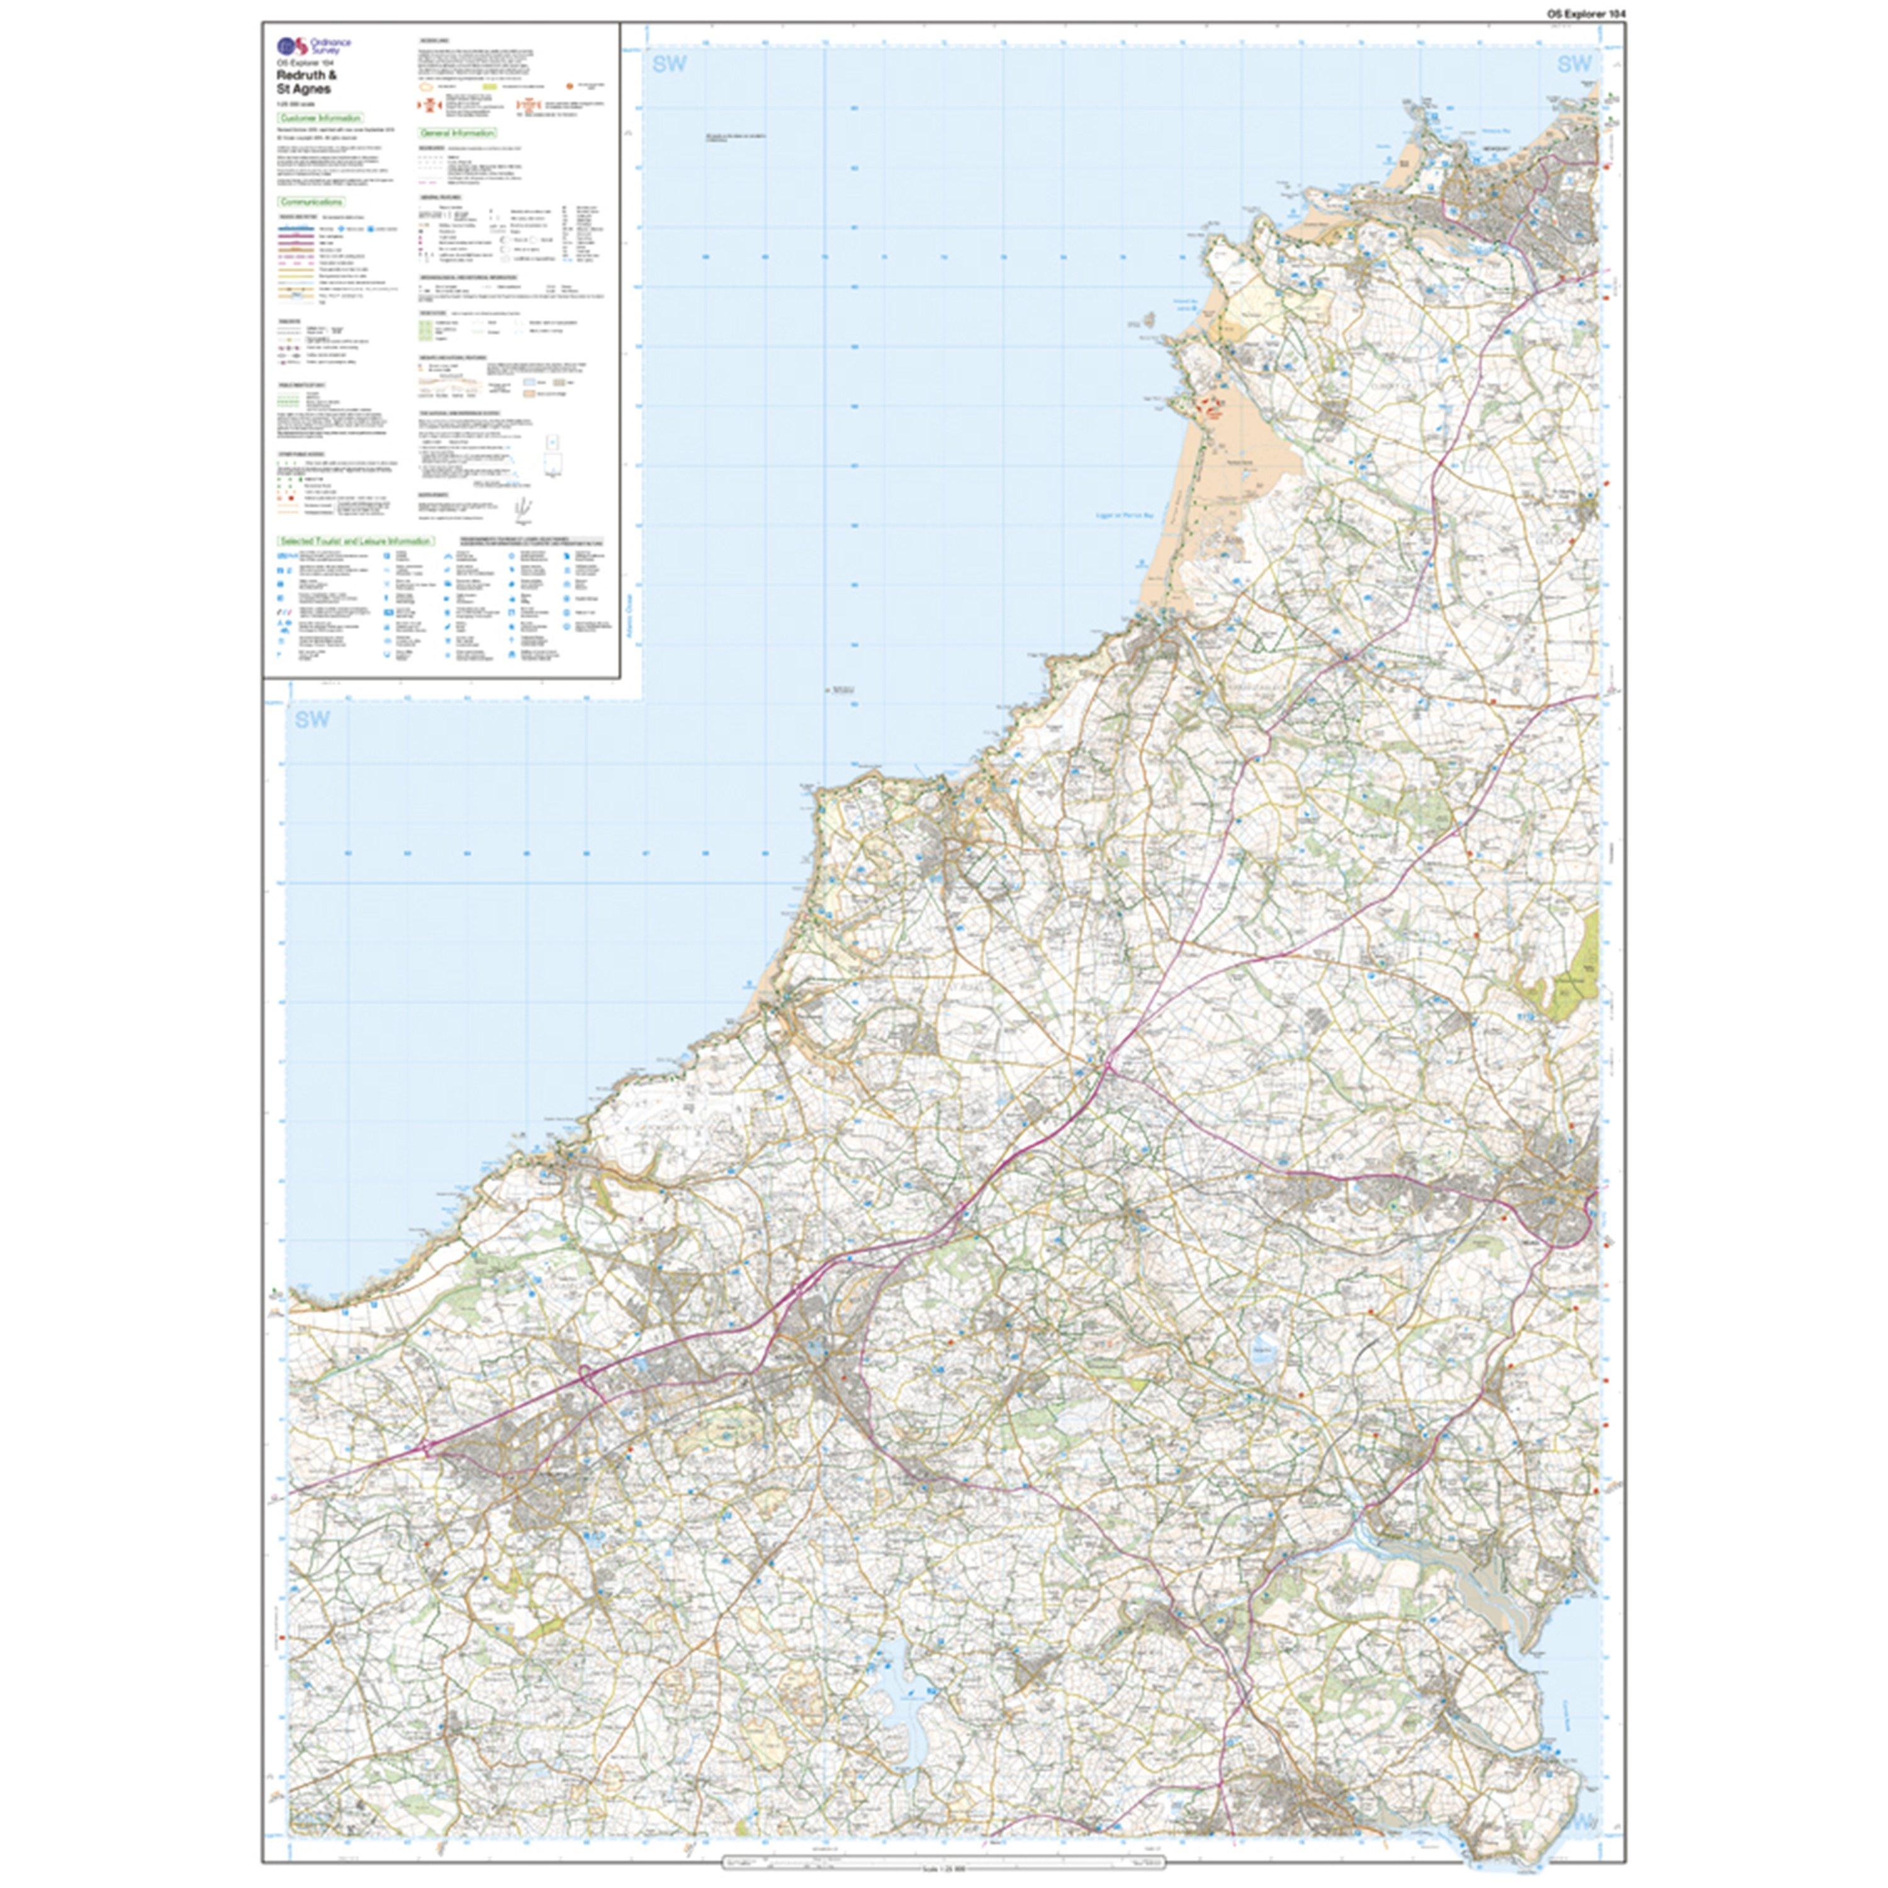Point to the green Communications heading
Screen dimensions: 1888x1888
[311, 202]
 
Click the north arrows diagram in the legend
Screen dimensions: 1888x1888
[524, 506]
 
